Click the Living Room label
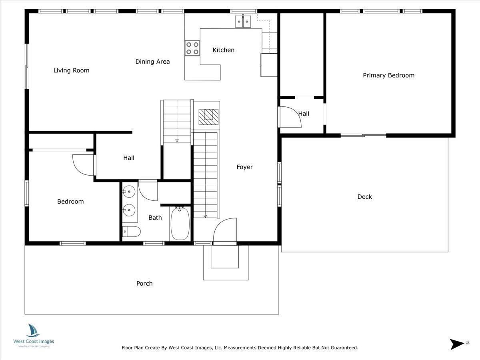pyautogui.click(x=72, y=70)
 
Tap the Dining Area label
pyautogui.click(x=152, y=62)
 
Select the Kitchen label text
pyautogui.click(x=223, y=50)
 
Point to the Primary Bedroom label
pyautogui.click(x=388, y=75)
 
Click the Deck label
pyautogui.click(x=364, y=196)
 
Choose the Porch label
pyautogui.click(x=144, y=284)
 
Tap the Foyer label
pyautogui.click(x=244, y=167)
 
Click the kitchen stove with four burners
pyautogui.click(x=192, y=48)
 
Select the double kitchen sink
pyautogui.click(x=243, y=21)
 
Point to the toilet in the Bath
pyautogui.click(x=131, y=231)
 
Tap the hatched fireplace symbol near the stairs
pyautogui.click(x=208, y=115)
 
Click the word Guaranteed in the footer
pyautogui.click(x=342, y=348)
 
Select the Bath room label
pyautogui.click(x=155, y=218)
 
